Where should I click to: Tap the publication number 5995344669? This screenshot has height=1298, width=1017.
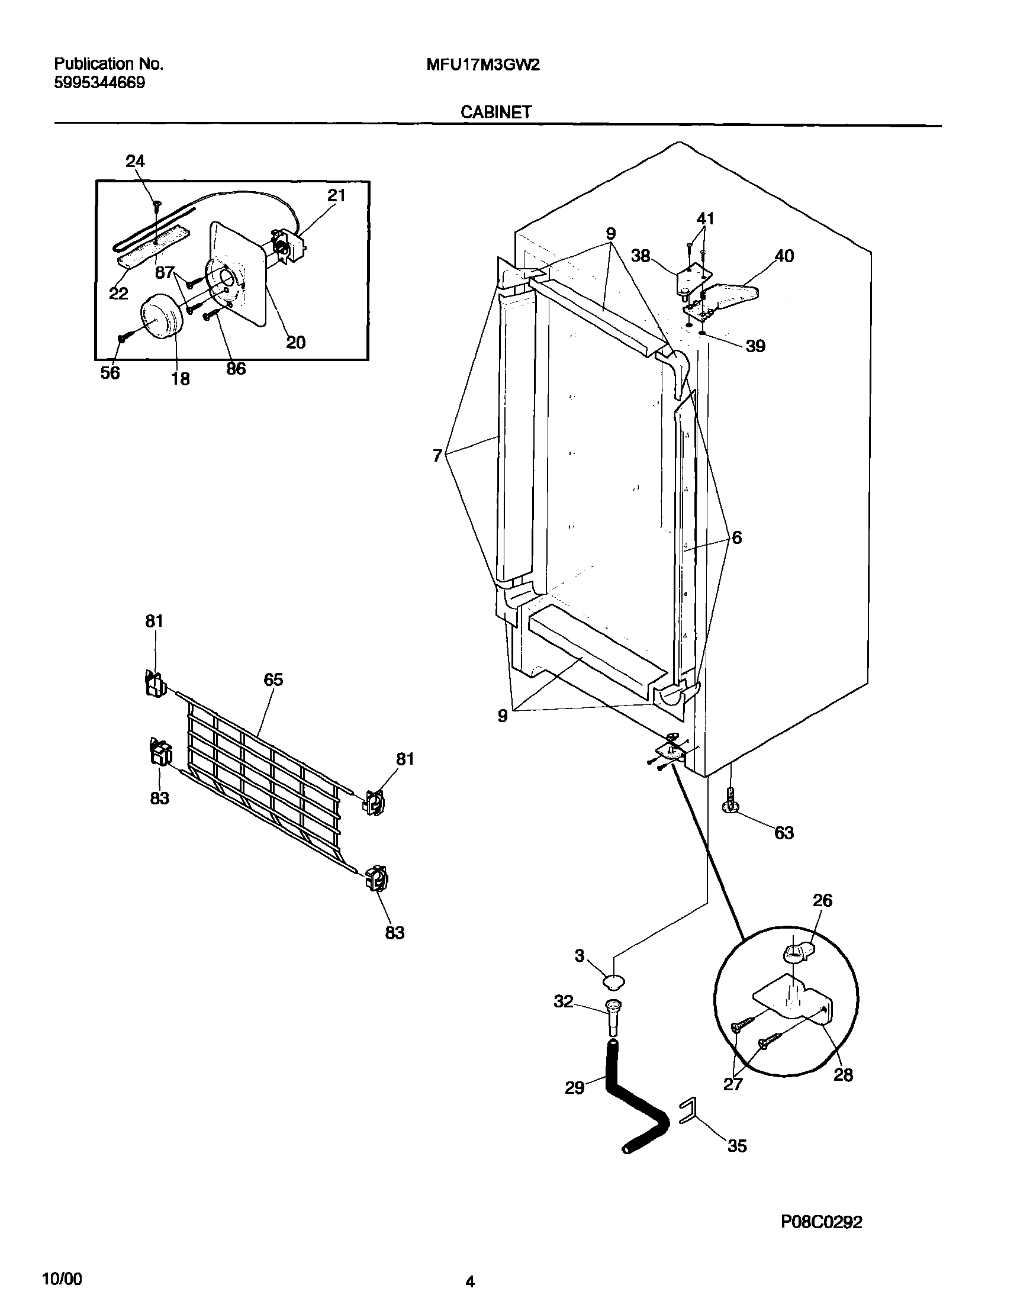pyautogui.click(x=99, y=83)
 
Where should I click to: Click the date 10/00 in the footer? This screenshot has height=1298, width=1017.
pyautogui.click(x=62, y=1278)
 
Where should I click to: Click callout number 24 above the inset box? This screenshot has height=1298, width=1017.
pyautogui.click(x=135, y=162)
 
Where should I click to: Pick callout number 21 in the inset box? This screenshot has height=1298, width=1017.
pyautogui.click(x=336, y=195)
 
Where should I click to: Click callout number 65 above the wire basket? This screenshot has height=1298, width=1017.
pyautogui.click(x=273, y=679)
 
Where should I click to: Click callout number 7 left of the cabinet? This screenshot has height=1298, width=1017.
pyautogui.click(x=437, y=456)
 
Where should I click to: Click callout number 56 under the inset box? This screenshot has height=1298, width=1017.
pyautogui.click(x=110, y=373)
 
